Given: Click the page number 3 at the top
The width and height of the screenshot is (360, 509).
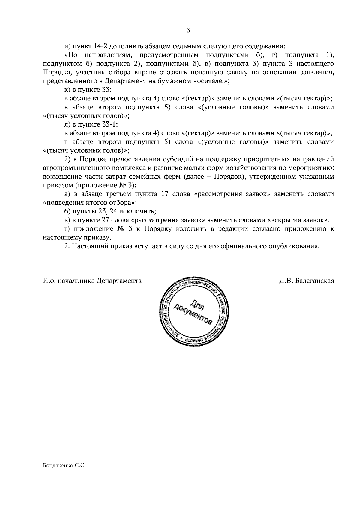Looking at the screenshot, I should point(188,30).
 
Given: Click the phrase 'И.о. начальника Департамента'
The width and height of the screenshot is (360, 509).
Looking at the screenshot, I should point(92,281).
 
